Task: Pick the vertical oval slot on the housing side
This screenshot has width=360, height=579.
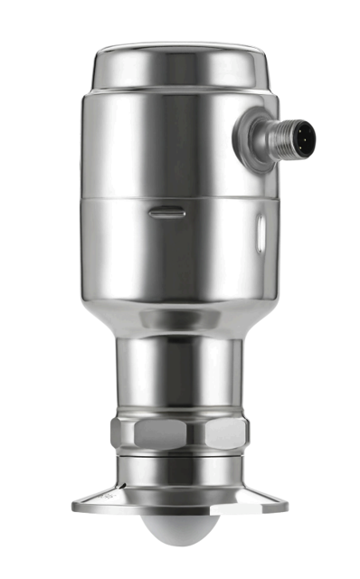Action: [x=261, y=233]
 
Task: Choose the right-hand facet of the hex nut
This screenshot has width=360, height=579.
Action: [x=232, y=434]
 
